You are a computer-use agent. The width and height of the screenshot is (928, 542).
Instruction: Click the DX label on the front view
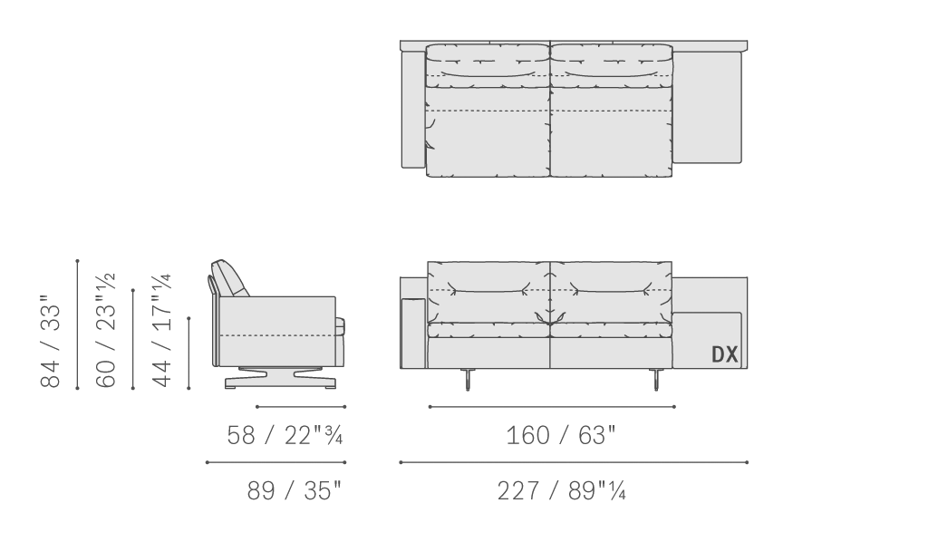724,354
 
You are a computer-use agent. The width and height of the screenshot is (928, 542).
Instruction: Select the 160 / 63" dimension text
561,435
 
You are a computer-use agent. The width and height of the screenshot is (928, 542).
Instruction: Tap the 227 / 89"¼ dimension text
561,490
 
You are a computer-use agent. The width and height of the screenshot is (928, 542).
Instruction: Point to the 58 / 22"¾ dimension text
285,435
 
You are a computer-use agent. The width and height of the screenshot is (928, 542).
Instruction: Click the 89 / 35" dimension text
295,490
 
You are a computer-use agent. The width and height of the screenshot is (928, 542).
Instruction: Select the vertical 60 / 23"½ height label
106,330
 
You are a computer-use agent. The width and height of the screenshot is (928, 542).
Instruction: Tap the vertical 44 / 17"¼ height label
161,330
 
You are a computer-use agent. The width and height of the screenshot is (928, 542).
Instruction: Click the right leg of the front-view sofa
655,379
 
